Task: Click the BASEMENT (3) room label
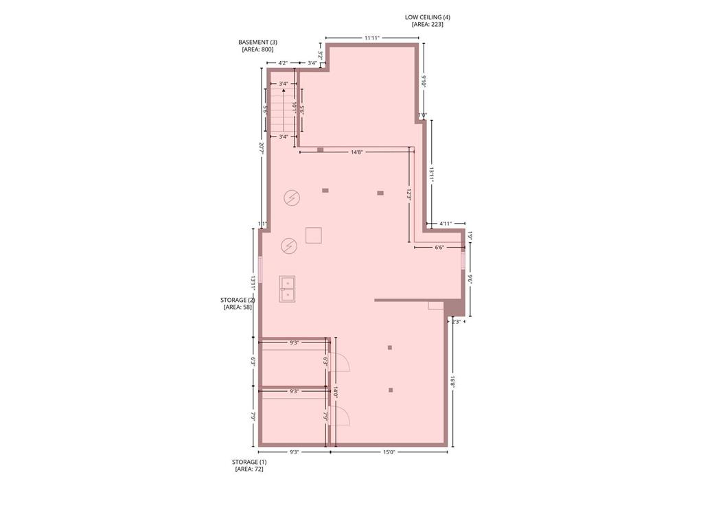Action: [257, 42]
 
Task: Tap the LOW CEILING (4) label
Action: [428, 16]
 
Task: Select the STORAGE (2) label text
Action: [238, 300]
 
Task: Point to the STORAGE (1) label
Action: [249, 462]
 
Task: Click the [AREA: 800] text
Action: [257, 49]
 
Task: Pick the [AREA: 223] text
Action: [428, 24]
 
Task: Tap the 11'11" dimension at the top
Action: [372, 38]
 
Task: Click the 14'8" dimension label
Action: [356, 152]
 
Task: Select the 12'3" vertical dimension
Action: [408, 194]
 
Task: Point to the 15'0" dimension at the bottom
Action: [389, 452]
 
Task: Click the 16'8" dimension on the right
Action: [453, 382]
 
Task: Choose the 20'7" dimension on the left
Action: [261, 148]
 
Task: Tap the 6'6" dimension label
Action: [439, 247]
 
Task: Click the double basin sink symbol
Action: [287, 289]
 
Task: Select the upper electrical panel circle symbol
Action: [292, 198]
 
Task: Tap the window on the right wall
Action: [463, 261]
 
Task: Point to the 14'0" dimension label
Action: [336, 391]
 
